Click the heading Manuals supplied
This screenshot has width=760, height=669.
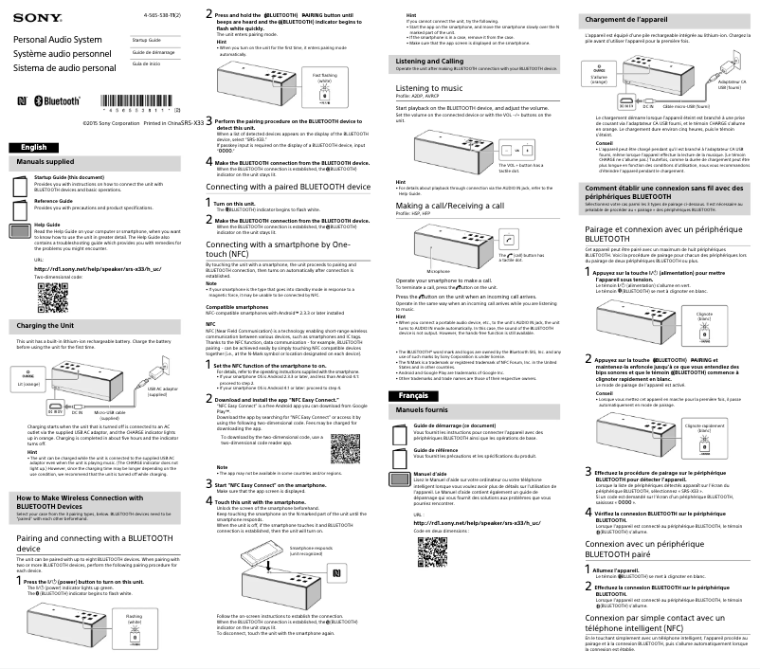coord(45,163)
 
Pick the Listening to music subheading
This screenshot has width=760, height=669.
coord(428,87)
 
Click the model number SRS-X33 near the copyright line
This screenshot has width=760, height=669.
coord(193,122)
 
